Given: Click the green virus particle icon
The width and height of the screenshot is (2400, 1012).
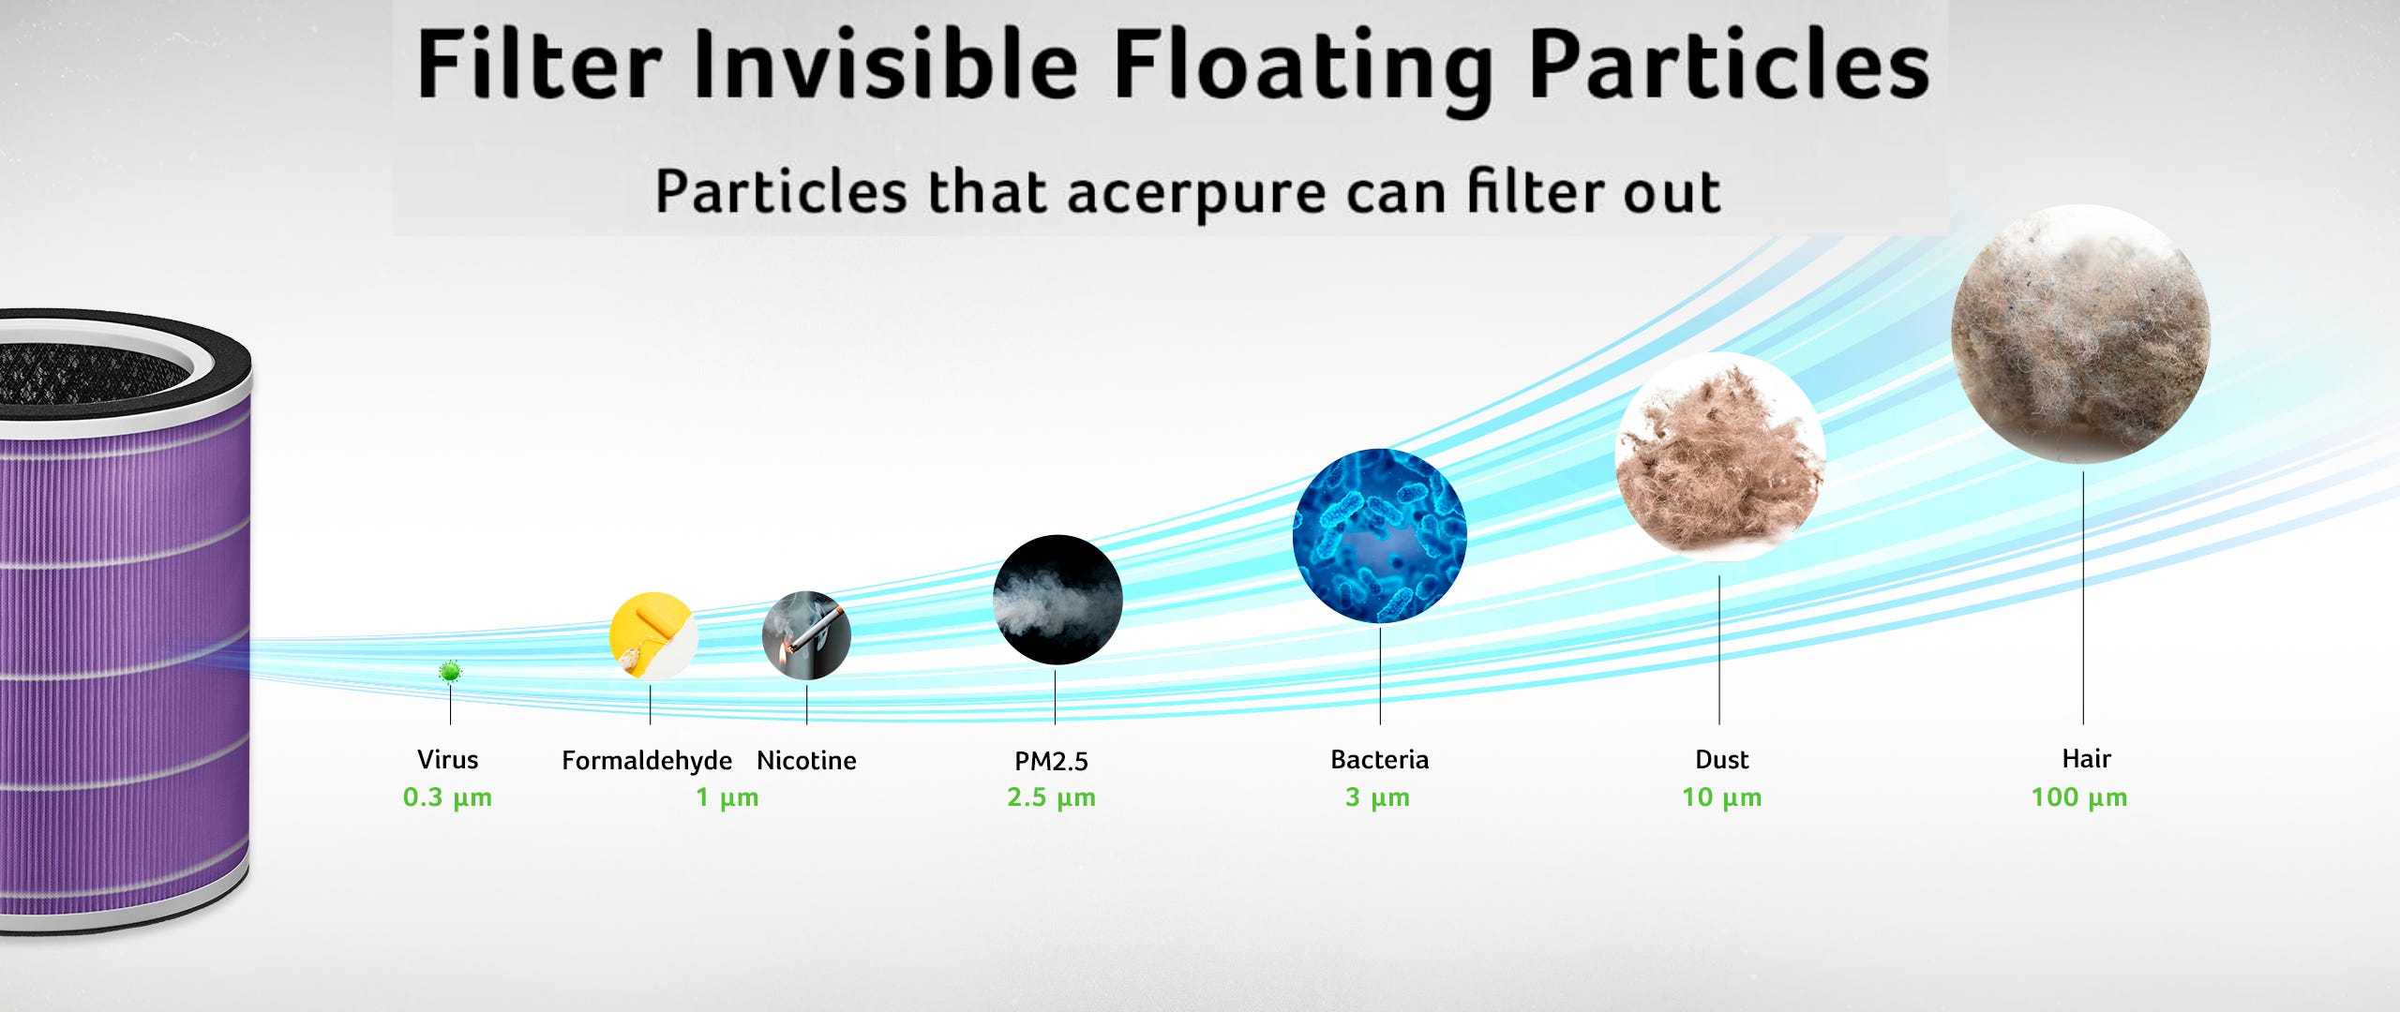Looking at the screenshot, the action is pos(450,671).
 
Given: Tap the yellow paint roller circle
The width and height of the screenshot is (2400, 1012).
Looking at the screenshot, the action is pos(653,636).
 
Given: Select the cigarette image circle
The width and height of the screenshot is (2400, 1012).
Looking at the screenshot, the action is pos(806,635).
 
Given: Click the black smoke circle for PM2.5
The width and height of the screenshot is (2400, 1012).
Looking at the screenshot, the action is pos(1057,600).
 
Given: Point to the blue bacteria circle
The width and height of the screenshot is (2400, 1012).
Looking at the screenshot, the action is pos(1380,536).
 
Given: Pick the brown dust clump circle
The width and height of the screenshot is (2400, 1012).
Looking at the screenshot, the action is pos(1720,457).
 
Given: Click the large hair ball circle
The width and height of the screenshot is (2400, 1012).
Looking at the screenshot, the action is pos(2081,334).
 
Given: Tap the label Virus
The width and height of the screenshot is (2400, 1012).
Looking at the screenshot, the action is pos(447,759).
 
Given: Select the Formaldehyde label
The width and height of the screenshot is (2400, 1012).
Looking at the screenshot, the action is pos(647,760).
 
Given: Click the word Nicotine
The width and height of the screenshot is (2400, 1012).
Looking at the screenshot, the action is pos(806,760).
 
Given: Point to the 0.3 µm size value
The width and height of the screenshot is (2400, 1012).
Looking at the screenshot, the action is pos(447,797).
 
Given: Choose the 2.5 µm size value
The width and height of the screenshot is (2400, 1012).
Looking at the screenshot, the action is pos(1051,797).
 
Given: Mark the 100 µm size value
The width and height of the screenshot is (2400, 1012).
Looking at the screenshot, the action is pos(2079,797).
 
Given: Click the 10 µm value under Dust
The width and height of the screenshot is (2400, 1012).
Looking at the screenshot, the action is pos(1721,797).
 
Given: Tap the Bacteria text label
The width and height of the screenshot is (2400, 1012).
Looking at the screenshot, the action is pos(1380,759).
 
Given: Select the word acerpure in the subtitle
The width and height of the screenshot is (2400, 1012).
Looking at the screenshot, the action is pos(1196,193).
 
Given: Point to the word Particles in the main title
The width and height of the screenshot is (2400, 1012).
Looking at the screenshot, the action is pos(1729,64).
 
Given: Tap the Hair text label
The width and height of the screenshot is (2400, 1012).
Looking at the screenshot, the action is pos(2086,758).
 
